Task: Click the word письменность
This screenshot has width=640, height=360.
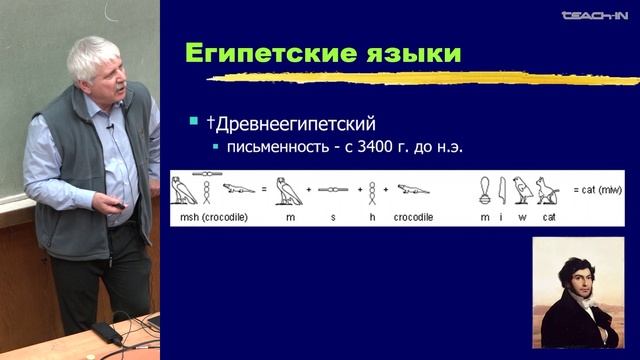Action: tap(267, 147)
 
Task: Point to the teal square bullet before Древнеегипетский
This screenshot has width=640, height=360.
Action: tap(194, 122)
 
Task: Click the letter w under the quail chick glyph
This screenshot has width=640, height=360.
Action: tap(520, 217)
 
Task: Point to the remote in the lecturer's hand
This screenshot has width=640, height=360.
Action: tap(121, 204)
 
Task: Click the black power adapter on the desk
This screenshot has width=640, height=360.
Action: tap(106, 334)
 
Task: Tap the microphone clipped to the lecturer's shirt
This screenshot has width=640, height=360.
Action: tap(110, 128)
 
